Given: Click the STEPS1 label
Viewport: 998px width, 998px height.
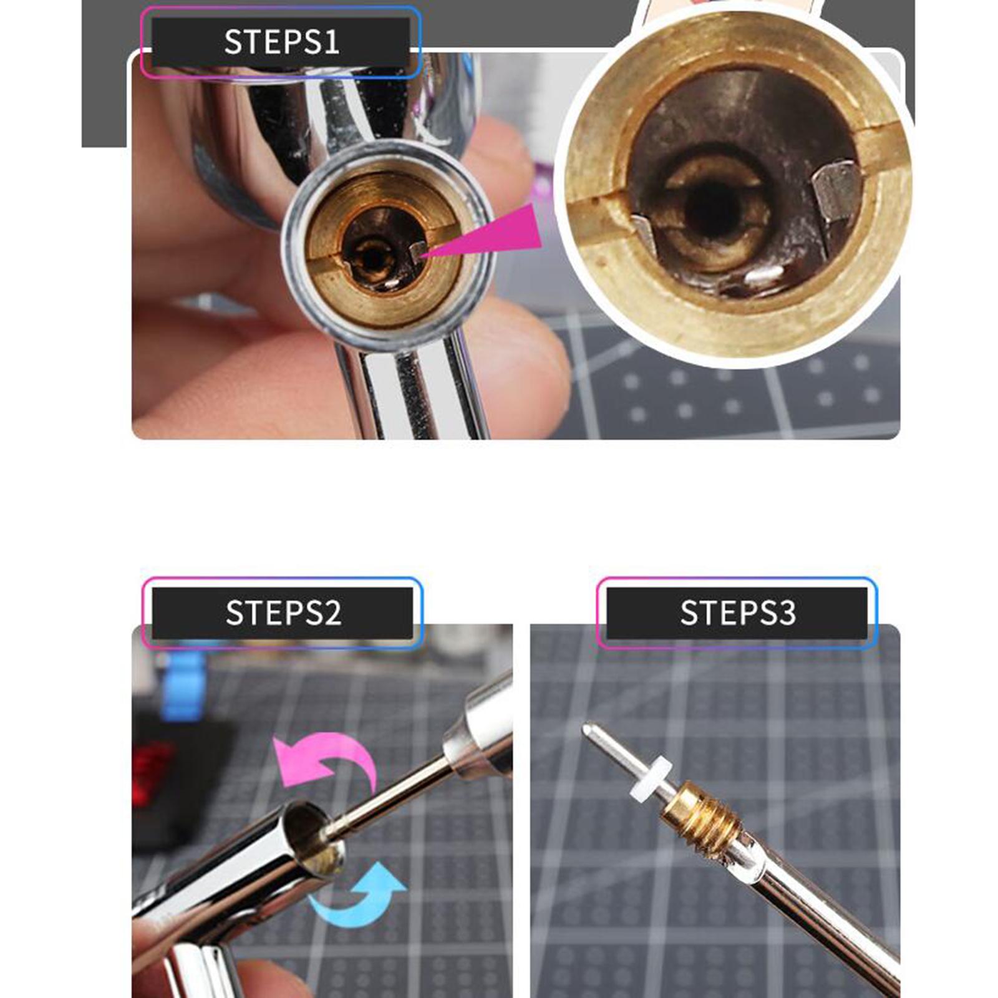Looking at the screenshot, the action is (x=281, y=42).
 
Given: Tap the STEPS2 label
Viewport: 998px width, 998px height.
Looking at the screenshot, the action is (x=283, y=613).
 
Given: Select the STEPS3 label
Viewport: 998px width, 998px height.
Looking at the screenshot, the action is (x=737, y=613).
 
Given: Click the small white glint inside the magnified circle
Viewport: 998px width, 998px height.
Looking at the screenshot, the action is (x=765, y=273).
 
